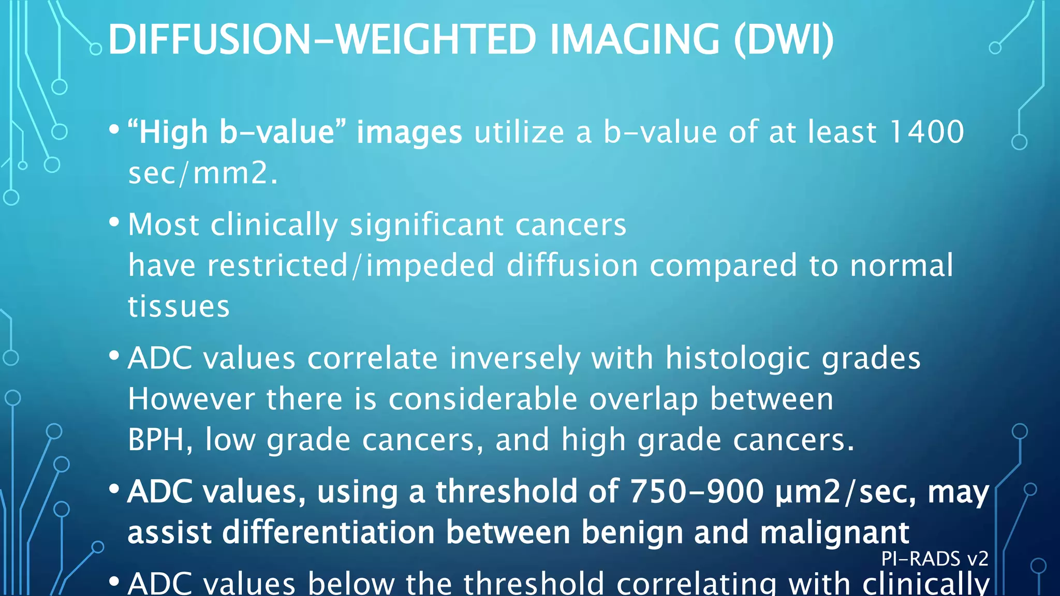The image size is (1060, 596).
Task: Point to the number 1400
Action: [926, 132]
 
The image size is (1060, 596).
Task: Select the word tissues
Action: [179, 306]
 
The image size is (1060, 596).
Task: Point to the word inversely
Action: [515, 358]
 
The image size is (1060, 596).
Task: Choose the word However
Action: [191, 399]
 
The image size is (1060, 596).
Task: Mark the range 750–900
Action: [697, 491]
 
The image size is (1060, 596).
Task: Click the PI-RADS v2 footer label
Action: [934, 559]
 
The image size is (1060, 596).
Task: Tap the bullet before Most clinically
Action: [114, 223]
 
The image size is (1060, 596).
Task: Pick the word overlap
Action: [643, 400]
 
